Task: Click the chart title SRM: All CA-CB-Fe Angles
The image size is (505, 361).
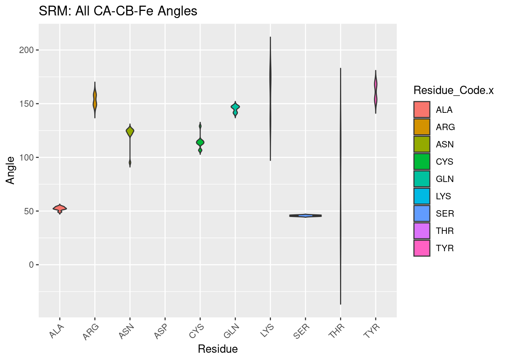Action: click(118, 11)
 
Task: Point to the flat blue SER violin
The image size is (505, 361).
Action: click(305, 215)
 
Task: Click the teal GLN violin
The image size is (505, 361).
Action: click(235, 108)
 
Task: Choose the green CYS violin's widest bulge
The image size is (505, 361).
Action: click(200, 142)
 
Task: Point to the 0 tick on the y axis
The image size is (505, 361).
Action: click(31, 265)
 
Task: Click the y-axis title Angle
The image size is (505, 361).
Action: click(11, 170)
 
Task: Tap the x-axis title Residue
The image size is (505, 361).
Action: click(218, 349)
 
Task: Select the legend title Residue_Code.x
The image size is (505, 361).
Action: click(453, 90)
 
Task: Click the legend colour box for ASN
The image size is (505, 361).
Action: click(422, 144)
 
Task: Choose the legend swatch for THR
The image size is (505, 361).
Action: click(422, 231)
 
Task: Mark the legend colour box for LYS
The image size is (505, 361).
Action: click(422, 196)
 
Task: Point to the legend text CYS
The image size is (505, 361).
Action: click(445, 162)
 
